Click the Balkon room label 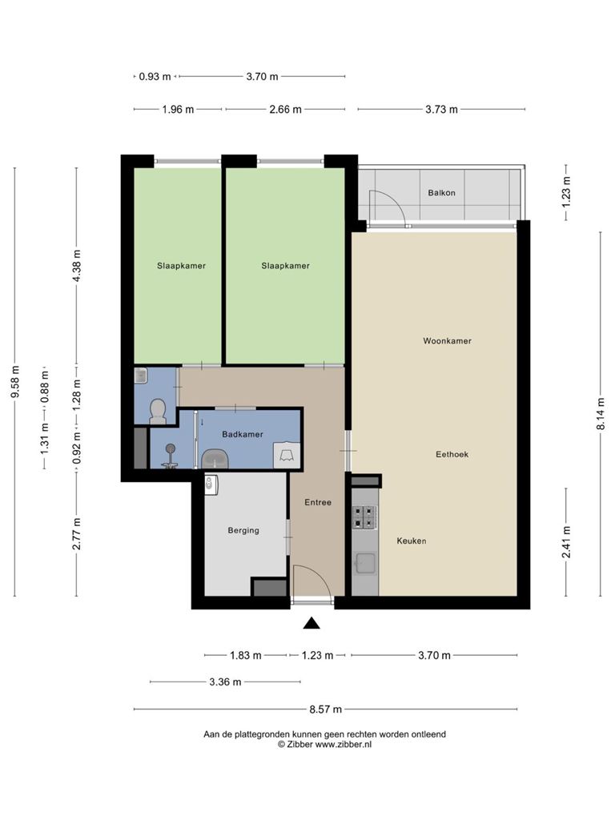[x=441, y=193]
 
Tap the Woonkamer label [x=447, y=341]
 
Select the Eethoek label [x=452, y=455]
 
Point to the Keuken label [x=411, y=541]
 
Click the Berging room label [x=243, y=530]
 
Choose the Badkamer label [x=242, y=434]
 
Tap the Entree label [x=318, y=502]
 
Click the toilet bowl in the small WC [x=158, y=412]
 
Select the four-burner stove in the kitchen [x=364, y=517]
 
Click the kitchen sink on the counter [x=364, y=564]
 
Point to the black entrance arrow [x=312, y=622]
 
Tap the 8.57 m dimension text [x=326, y=709]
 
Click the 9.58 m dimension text [x=15, y=381]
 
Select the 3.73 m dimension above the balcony [x=441, y=109]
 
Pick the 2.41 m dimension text [x=566, y=542]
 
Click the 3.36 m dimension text [x=225, y=682]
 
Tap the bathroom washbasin [x=215, y=459]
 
